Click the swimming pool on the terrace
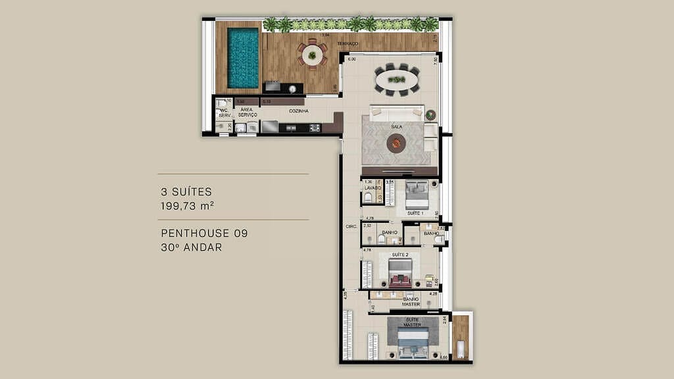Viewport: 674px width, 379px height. [x=243, y=57]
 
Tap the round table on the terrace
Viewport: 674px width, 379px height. [x=312, y=55]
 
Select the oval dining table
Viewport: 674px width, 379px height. [x=396, y=80]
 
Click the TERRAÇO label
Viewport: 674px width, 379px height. [x=347, y=43]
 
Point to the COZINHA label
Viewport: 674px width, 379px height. [x=298, y=111]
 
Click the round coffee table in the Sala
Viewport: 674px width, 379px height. [x=396, y=142]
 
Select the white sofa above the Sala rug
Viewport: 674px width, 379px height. [x=396, y=112]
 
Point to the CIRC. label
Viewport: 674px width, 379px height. [x=351, y=227]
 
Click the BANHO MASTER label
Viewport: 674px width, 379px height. [x=411, y=301]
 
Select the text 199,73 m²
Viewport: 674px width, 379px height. [x=188, y=206]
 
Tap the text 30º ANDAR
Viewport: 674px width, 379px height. [x=192, y=248]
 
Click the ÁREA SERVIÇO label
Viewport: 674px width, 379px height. [x=247, y=113]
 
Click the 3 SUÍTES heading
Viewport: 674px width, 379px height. [x=186, y=192]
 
